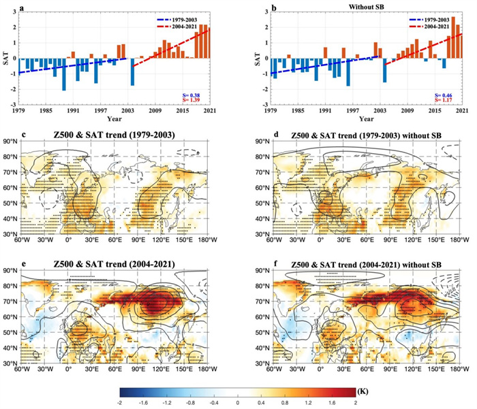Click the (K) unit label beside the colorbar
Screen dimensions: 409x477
point(371,393)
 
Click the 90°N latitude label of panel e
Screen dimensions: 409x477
point(10,274)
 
